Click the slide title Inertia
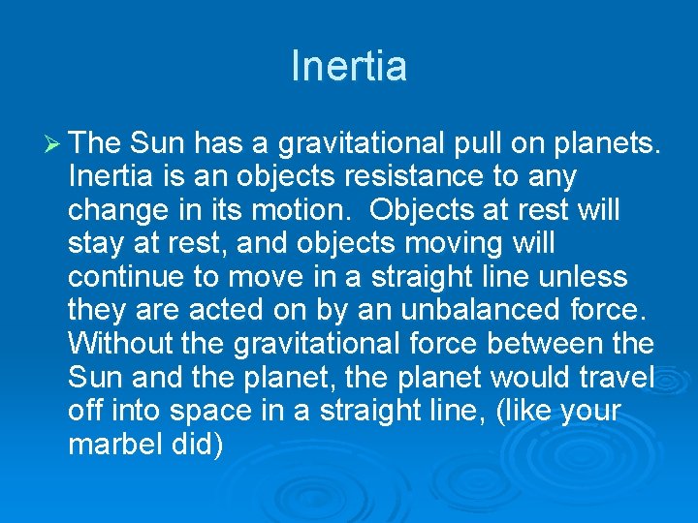point(349,66)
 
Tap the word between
point(547,344)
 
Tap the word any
point(550,177)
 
